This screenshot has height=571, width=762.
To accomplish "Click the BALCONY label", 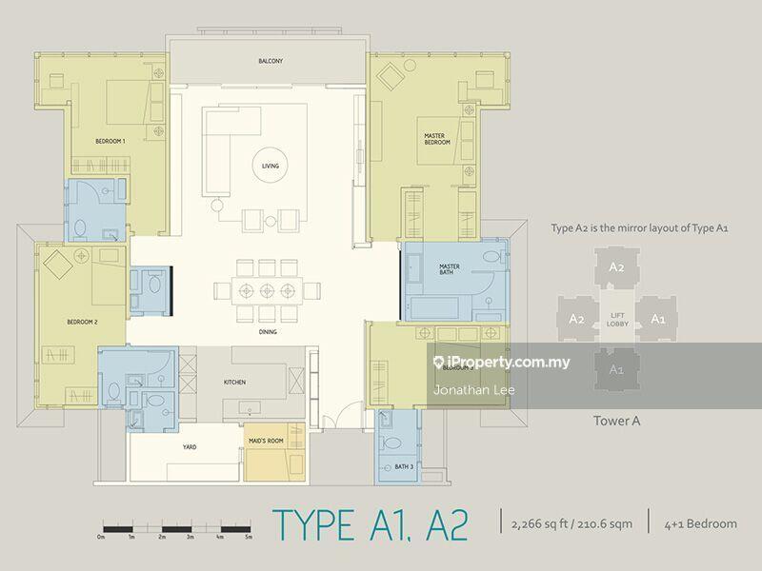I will point(270,61).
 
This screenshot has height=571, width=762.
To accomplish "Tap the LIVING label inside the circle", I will point(271,167).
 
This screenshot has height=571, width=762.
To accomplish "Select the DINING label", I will point(267,332).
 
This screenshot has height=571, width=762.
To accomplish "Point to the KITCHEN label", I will point(234,382).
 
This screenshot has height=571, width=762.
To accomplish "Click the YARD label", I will point(190,446).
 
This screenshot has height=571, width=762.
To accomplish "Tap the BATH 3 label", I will point(404,466).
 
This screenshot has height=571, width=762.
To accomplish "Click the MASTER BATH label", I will point(450,269).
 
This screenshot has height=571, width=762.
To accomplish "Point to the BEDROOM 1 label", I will point(110,142).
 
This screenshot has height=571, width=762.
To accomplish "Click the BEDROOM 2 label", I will point(83,321).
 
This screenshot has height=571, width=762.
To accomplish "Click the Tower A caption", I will point(616,416).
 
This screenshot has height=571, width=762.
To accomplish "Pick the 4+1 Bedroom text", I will point(703,523).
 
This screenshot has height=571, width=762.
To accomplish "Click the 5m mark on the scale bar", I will point(249,539).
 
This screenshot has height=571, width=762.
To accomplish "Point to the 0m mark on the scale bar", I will point(101,539).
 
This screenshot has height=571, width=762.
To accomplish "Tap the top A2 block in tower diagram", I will point(616,268).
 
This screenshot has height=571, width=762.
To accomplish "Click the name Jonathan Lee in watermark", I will point(466,389).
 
